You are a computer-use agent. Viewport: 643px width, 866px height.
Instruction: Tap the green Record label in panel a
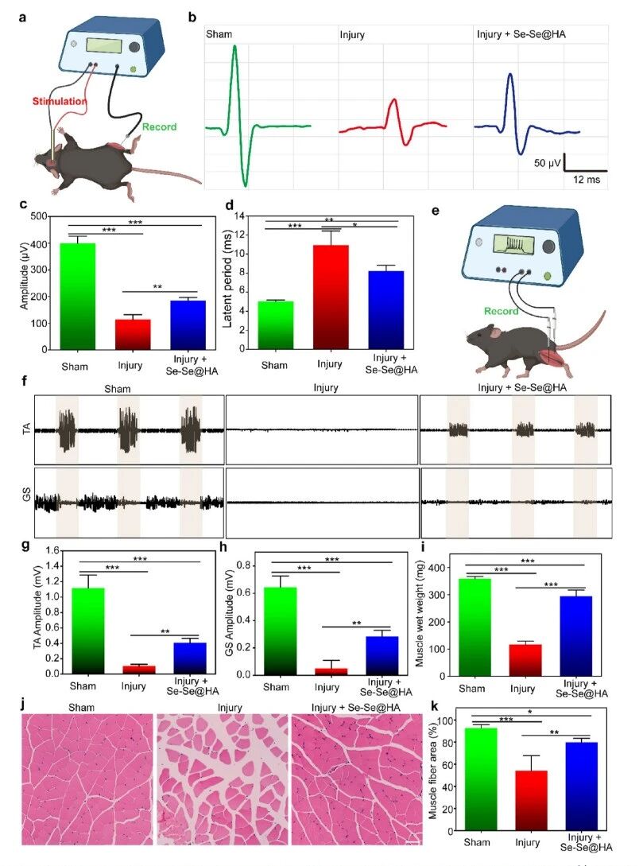[x=161, y=126]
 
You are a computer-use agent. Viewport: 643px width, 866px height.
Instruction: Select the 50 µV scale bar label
[x=548, y=163]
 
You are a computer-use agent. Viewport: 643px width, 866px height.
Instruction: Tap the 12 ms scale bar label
[x=587, y=181]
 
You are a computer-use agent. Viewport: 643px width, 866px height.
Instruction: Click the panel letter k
[x=438, y=705]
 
